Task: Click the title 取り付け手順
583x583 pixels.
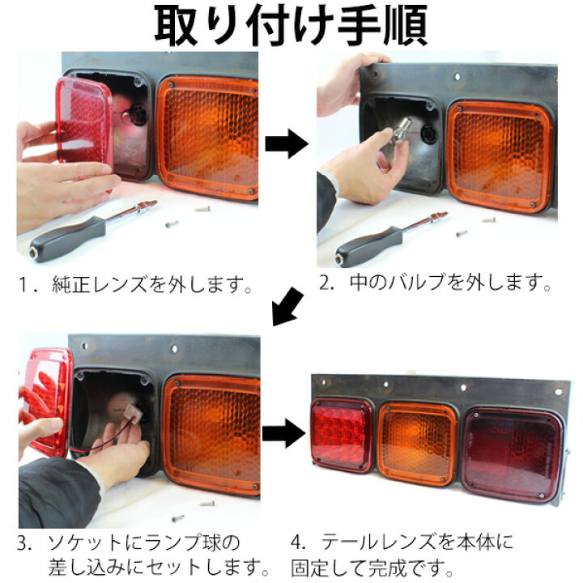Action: (291, 26)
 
